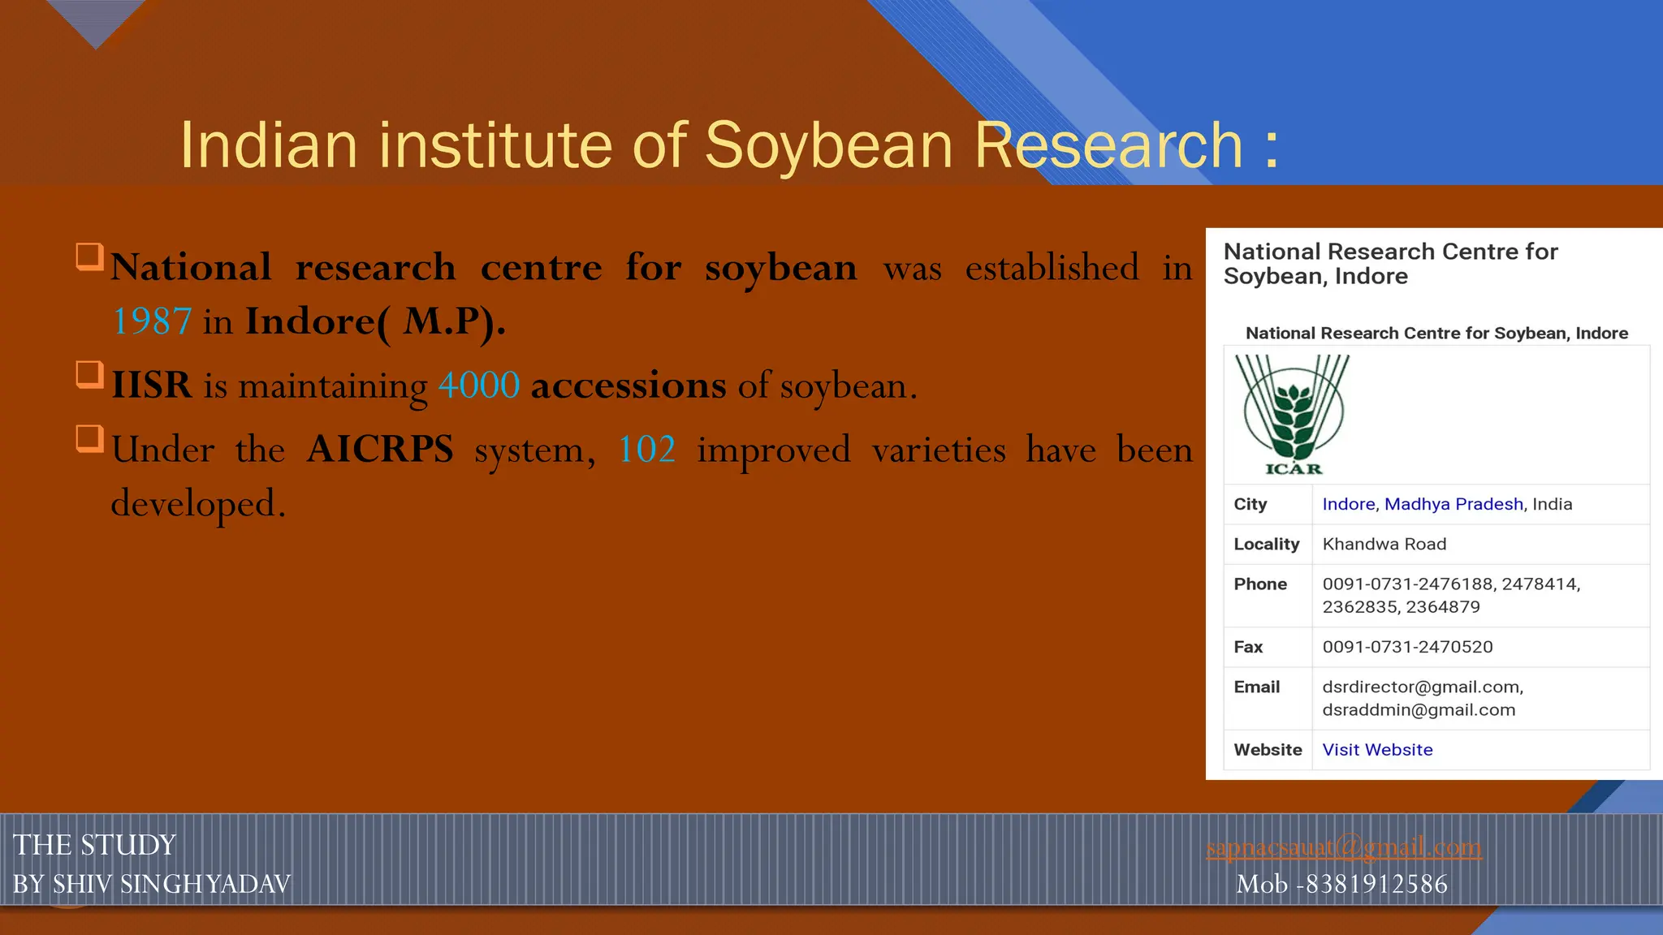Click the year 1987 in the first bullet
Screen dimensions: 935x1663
152,321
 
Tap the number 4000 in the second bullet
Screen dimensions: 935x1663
479,386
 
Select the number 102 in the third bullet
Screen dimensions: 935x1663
646,450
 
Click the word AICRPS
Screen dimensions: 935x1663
380,450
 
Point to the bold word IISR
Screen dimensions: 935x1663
152,386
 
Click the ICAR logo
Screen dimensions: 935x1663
1293,415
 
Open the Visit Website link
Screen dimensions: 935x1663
1377,750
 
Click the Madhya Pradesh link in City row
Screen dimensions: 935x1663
1454,504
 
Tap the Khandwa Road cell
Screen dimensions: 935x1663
1384,544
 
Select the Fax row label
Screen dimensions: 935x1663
1248,647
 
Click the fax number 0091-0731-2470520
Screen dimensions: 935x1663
1407,647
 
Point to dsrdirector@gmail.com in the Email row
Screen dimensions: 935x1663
1422,687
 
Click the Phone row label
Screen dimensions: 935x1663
1259,584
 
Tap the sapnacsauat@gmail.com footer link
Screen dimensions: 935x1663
1344,847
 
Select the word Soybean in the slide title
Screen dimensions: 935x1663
828,145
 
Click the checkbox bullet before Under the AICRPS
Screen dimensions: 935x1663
89,438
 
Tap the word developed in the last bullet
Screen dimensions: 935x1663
197,504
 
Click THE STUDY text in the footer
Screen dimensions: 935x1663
94,845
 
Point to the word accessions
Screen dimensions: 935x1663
628,386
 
